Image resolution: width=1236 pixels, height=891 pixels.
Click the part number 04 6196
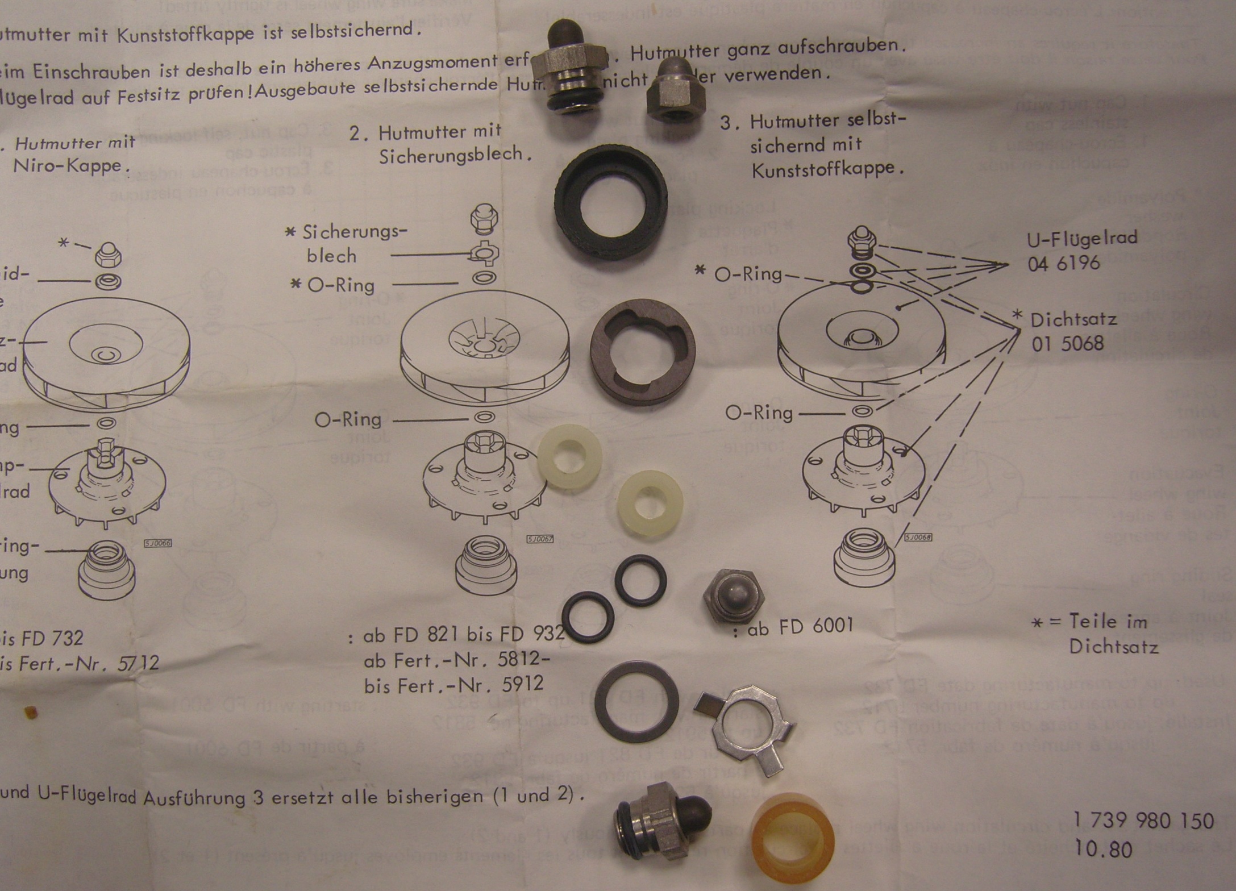[x=1064, y=264]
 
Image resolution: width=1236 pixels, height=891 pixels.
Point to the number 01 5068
[x=1068, y=344]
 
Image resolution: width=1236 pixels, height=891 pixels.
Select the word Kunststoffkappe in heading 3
[x=827, y=169]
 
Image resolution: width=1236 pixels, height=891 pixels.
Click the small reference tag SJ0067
[x=539, y=539]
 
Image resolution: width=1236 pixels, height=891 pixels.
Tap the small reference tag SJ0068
[x=918, y=537]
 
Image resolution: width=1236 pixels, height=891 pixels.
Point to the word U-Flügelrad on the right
[x=1082, y=239]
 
